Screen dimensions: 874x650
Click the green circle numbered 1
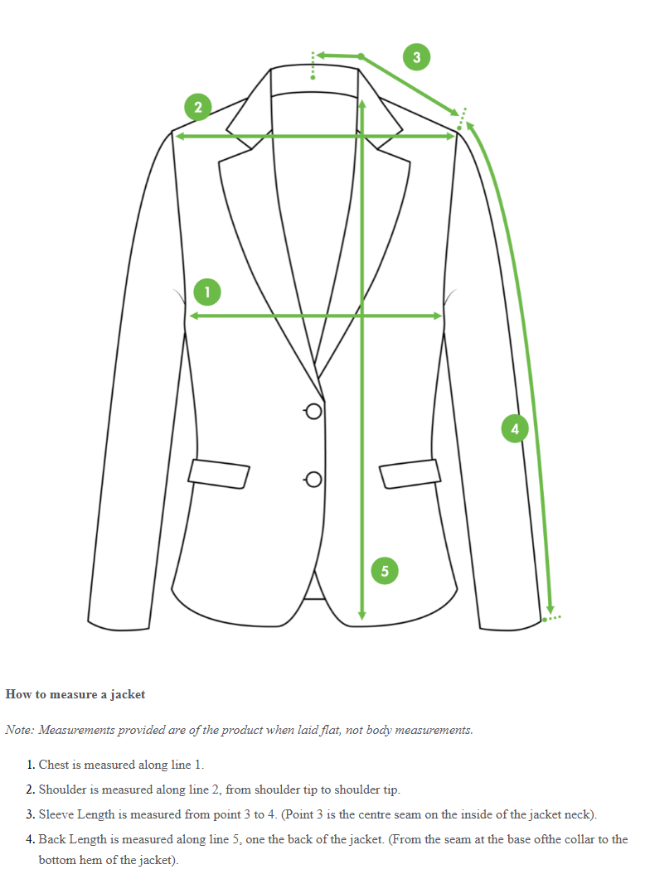click(207, 292)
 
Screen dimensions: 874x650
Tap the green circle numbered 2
click(197, 107)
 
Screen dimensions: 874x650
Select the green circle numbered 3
click(416, 56)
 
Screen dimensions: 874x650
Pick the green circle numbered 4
click(515, 428)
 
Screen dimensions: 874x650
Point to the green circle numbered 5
click(385, 570)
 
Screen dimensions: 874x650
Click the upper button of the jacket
click(313, 412)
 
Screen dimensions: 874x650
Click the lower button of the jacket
click(313, 479)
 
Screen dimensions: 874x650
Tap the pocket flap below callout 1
click(220, 472)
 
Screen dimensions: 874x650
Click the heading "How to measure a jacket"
click(75, 694)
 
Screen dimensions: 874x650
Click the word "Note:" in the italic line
click(21, 730)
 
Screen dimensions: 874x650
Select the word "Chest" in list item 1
click(55, 765)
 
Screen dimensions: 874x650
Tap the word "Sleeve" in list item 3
click(56, 814)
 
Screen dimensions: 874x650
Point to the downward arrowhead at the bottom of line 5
click(361, 615)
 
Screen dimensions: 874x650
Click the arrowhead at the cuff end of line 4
click(550, 609)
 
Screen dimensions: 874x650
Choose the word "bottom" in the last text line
click(56, 860)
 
